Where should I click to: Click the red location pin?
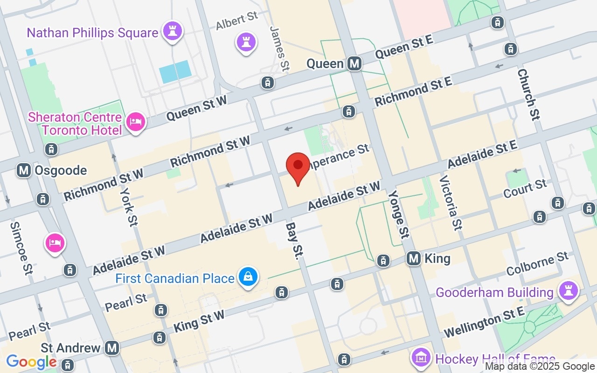click(x=298, y=167)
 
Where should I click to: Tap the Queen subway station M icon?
click(x=354, y=63)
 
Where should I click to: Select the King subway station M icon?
click(x=414, y=258)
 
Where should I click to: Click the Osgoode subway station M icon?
click(x=24, y=170)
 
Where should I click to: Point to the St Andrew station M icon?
click(x=111, y=347)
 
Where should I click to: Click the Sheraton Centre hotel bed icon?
click(x=136, y=122)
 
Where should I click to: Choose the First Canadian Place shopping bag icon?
click(x=248, y=278)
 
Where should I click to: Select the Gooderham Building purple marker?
click(x=568, y=290)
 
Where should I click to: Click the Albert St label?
click(x=237, y=21)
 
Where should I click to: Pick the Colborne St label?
click(x=537, y=264)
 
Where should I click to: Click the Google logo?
click(x=31, y=361)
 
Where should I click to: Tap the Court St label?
click(x=525, y=188)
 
